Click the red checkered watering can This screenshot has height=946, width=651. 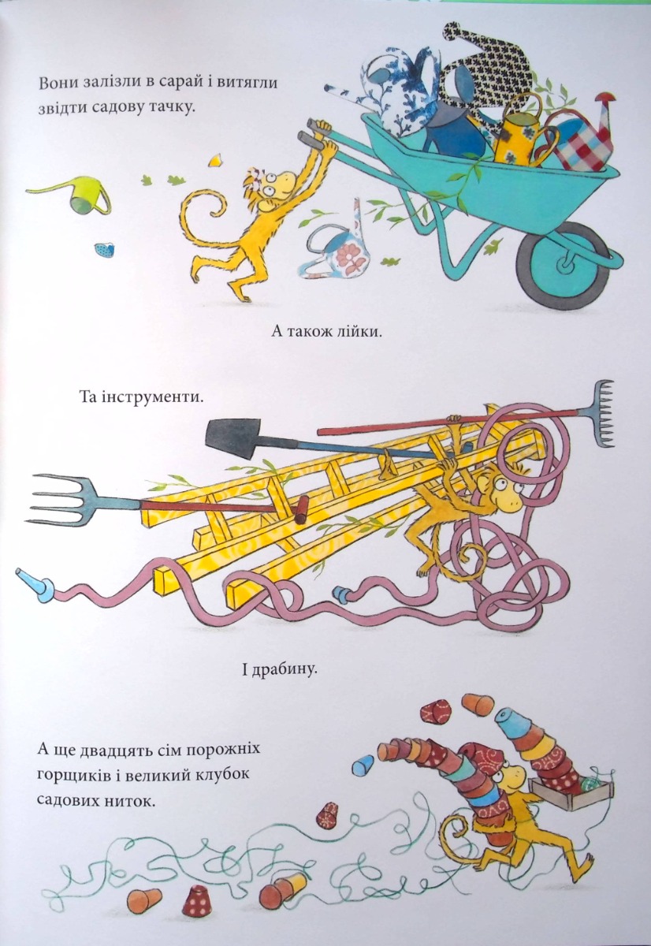click(585, 140)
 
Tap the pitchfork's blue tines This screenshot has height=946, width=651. click(63, 500)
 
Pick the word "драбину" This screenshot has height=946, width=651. click(286, 669)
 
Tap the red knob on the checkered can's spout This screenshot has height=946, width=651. click(605, 98)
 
